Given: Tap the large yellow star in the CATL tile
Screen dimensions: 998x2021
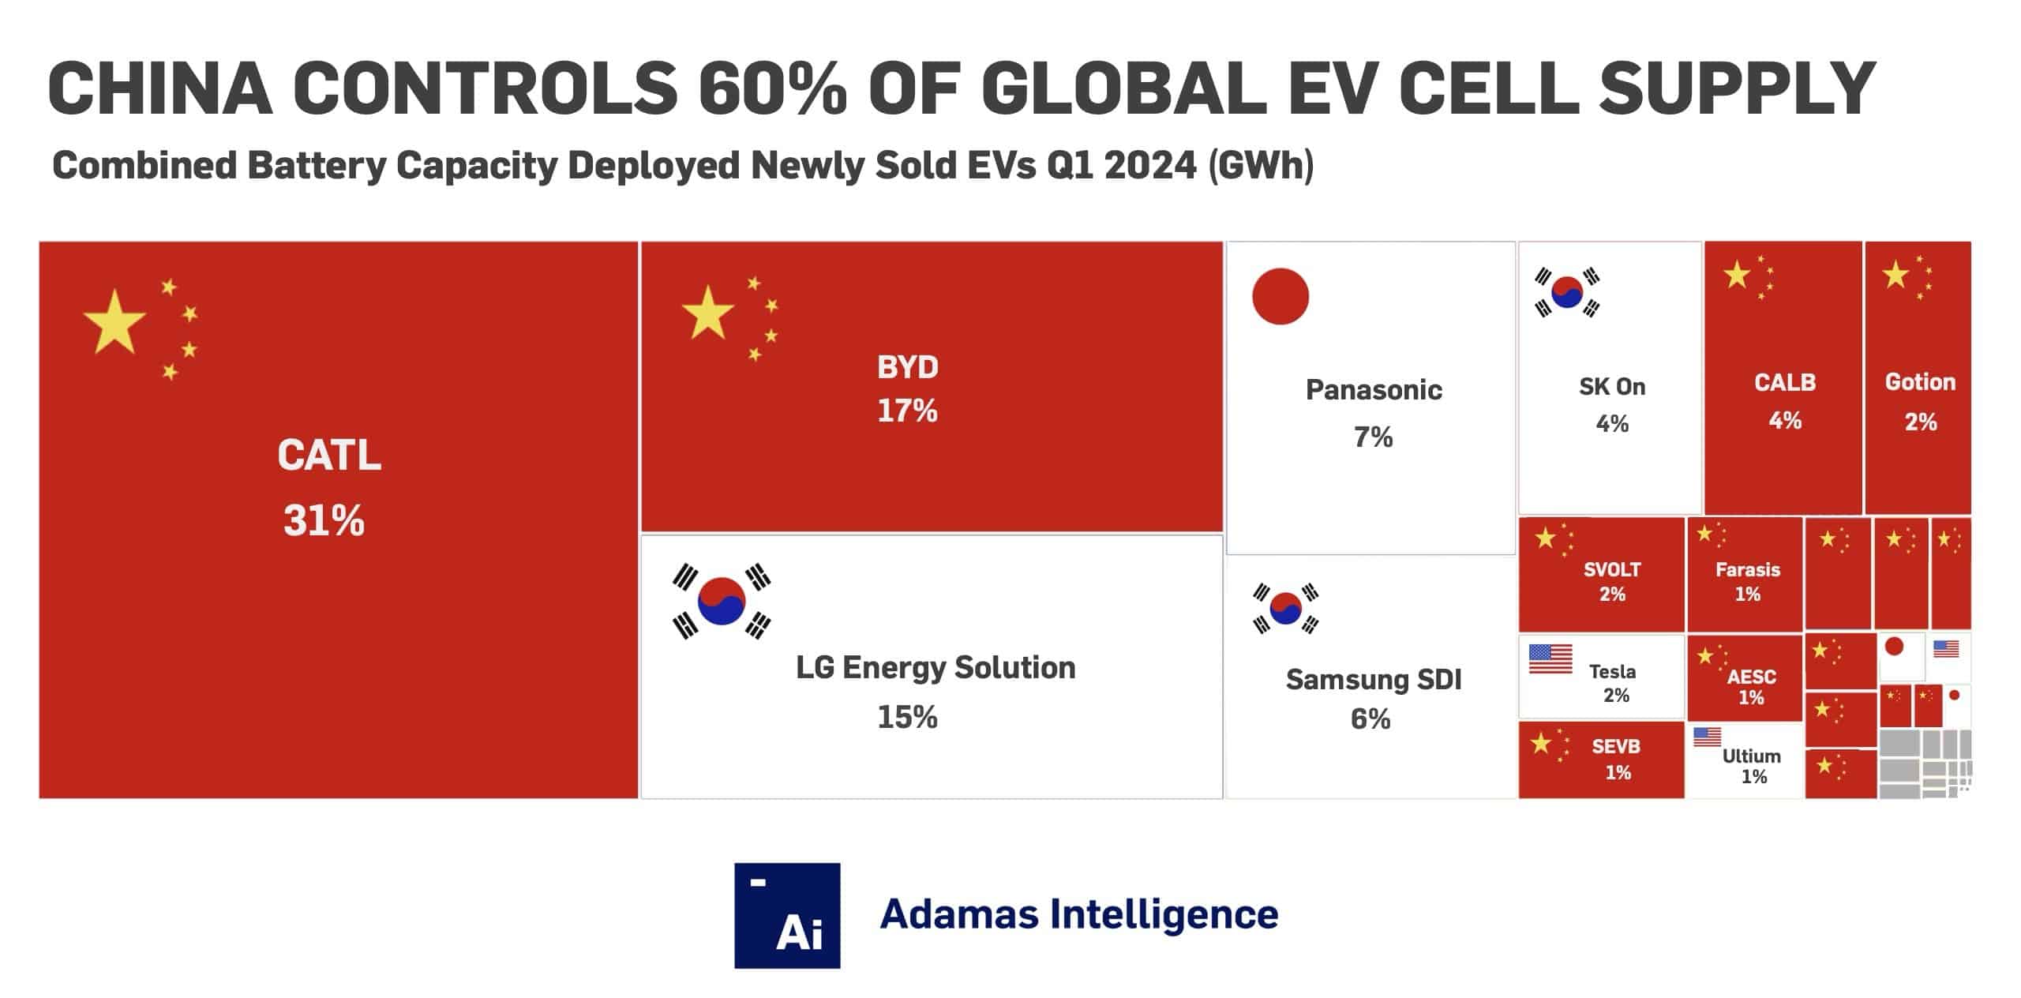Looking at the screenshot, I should (x=114, y=321).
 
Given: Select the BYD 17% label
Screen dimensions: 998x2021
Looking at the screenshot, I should (x=907, y=388).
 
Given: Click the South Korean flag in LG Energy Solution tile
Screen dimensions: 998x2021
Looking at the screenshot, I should (x=722, y=601).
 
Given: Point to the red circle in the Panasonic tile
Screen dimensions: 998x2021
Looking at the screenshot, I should (x=1280, y=296).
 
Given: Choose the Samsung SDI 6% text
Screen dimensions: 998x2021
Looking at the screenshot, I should (x=1373, y=698).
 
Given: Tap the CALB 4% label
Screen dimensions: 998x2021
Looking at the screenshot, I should (x=1784, y=401).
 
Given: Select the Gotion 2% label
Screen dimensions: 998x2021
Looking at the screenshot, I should (x=1919, y=401).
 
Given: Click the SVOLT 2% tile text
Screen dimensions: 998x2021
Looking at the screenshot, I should (x=1611, y=581).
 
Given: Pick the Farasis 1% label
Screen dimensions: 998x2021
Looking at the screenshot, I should (x=1747, y=581).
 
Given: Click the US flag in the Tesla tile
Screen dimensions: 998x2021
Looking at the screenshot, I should (x=1550, y=658).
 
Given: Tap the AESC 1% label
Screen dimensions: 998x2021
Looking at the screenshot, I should (x=1750, y=686).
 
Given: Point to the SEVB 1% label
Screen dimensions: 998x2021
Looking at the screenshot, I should (x=1616, y=759).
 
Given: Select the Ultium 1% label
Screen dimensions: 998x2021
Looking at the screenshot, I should (x=1751, y=766).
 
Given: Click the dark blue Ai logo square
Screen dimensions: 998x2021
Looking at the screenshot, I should (x=786, y=915).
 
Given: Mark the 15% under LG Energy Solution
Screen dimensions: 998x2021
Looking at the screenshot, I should (x=907, y=717).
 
